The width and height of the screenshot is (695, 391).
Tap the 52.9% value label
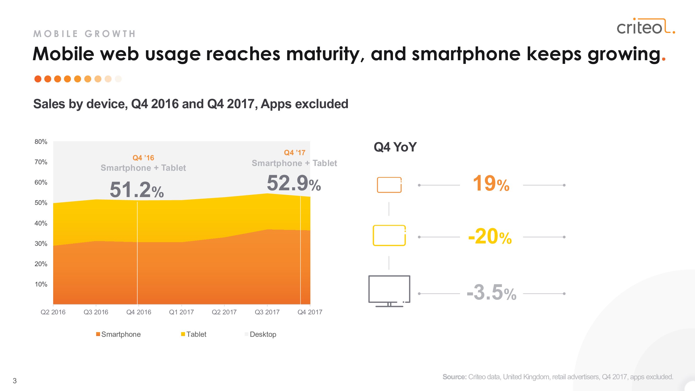(294, 183)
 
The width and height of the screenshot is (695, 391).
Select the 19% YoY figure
(491, 184)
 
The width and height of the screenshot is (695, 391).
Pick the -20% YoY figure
(490, 237)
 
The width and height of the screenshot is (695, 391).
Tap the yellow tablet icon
(389, 236)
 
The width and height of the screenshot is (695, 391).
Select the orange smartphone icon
(389, 185)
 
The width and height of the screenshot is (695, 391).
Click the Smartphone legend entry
(119, 334)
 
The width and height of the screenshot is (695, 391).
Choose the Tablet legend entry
(194, 334)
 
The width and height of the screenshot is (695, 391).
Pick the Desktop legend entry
(261, 334)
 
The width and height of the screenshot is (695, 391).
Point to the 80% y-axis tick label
(41, 142)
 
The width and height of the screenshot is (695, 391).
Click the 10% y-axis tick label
(41, 284)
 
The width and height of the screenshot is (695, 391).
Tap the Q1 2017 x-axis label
(181, 312)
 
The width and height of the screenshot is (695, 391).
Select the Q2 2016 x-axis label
(53, 312)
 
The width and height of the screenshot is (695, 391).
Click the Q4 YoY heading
(395, 147)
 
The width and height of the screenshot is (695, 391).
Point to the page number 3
(15, 381)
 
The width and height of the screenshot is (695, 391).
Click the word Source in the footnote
(454, 377)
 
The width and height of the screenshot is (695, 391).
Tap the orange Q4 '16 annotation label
(143, 158)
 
